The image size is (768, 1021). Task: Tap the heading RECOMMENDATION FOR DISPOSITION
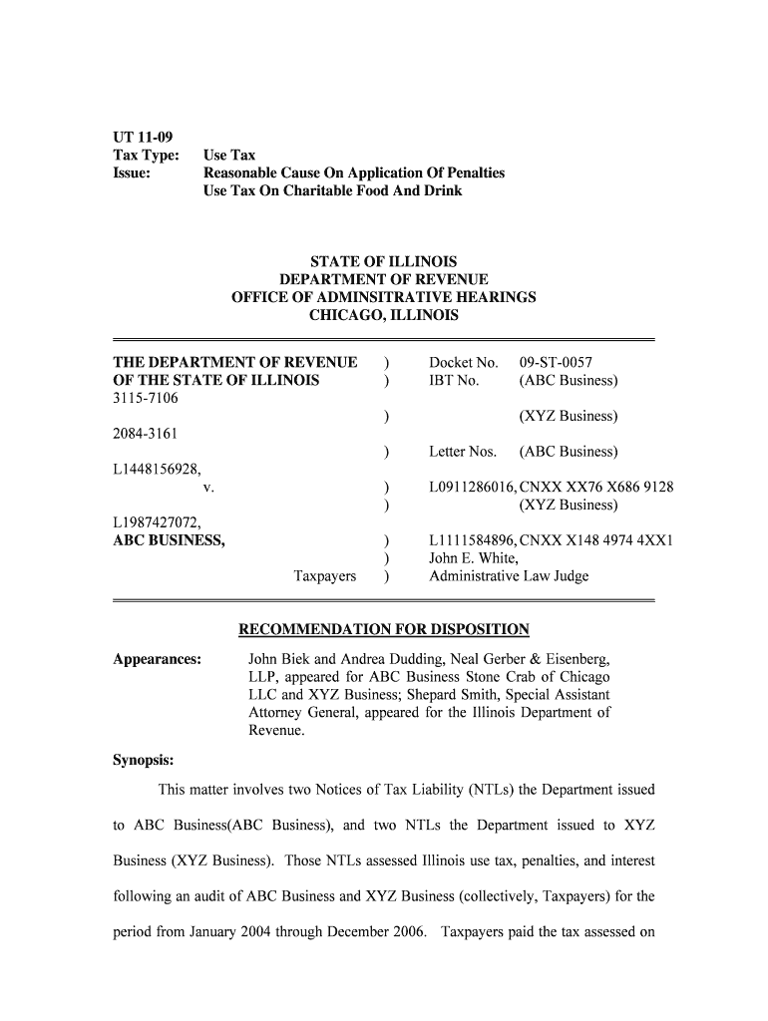coord(384,629)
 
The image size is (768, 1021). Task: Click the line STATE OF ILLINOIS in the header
coord(384,262)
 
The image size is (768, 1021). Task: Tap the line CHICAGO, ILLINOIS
coord(384,316)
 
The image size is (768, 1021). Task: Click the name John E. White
coord(473,558)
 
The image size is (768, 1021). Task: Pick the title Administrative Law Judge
coord(509,576)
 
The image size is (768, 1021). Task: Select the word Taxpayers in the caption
coord(324,576)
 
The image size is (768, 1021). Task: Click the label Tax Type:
coord(146,156)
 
